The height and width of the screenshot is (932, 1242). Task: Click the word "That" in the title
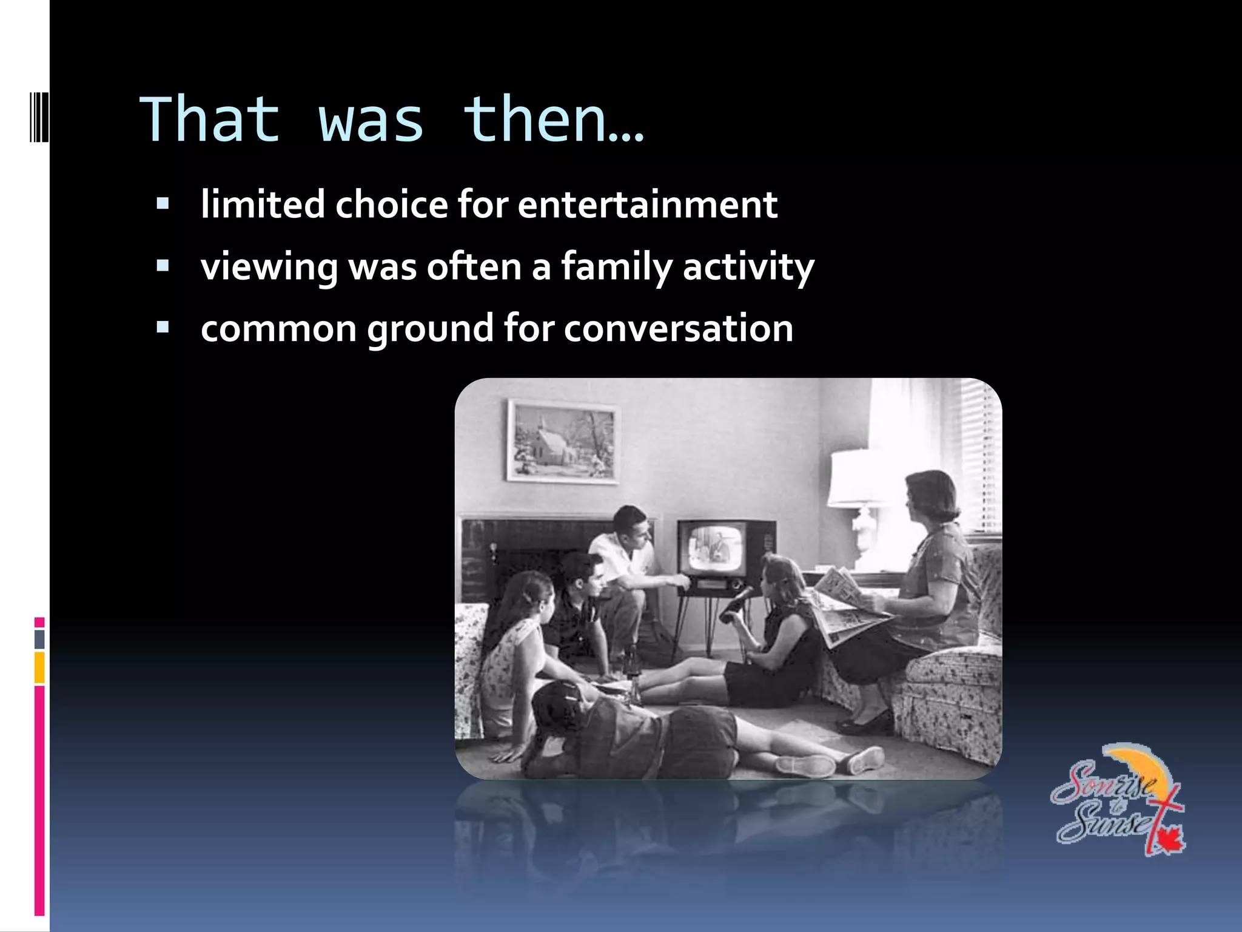pyautogui.click(x=210, y=120)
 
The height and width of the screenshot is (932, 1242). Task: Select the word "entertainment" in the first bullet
pyautogui.click(x=647, y=204)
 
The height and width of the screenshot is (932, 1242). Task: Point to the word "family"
pyautogui.click(x=617, y=267)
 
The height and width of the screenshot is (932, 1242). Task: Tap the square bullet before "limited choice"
pyautogui.click(x=163, y=203)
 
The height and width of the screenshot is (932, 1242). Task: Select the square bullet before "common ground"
pyautogui.click(x=163, y=328)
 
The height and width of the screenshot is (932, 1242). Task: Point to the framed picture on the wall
pyautogui.click(x=563, y=441)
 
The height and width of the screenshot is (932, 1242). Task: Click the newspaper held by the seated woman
pyautogui.click(x=843, y=607)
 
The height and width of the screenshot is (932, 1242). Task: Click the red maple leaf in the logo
pyautogui.click(x=1167, y=840)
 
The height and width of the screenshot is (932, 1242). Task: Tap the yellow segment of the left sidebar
pyautogui.click(x=39, y=667)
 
